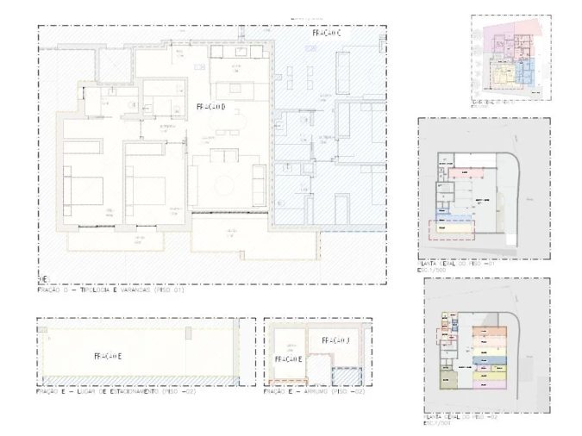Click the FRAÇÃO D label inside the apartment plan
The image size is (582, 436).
211,107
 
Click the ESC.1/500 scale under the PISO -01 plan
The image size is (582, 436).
435,271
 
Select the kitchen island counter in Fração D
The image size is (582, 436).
228,90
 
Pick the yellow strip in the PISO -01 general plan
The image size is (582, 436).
451,228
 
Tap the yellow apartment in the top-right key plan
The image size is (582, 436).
504,77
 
